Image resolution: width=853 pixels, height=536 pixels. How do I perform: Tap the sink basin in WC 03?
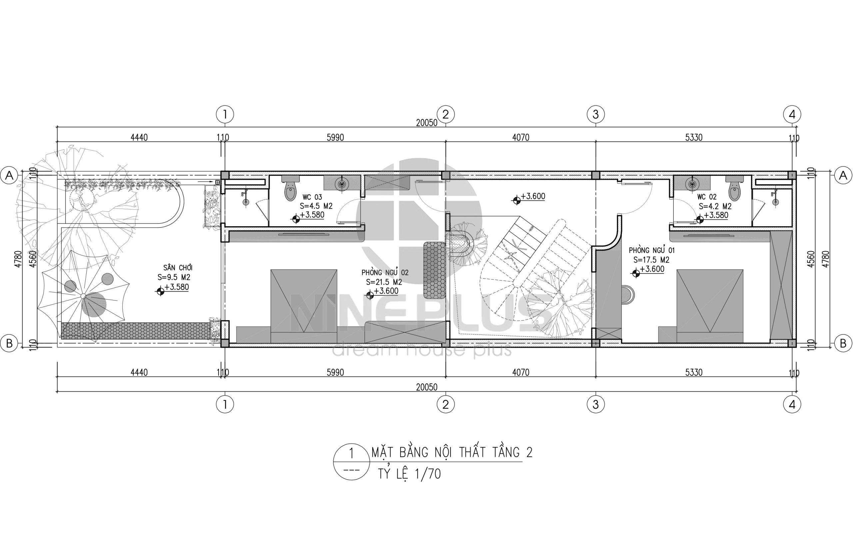coord(342,184)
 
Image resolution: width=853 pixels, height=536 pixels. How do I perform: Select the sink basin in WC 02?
coord(692,184)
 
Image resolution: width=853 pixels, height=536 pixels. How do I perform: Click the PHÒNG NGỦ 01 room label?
coord(652,250)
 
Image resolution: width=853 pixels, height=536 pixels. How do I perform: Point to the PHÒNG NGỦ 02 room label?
coord(385,272)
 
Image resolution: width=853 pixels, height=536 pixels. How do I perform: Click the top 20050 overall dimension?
coord(427,123)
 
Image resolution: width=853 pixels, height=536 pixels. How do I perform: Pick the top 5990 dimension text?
coord(335,138)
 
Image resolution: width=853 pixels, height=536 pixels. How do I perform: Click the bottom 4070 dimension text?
coord(521,372)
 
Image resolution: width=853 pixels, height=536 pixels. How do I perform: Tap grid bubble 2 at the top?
coord(445,114)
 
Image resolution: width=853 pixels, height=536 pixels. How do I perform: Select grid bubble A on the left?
coord(10,175)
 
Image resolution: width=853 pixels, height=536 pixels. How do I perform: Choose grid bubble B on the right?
coord(843,343)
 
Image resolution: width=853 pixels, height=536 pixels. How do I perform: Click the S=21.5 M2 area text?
coord(384,282)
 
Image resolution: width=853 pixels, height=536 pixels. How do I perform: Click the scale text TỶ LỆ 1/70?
coord(410,474)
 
